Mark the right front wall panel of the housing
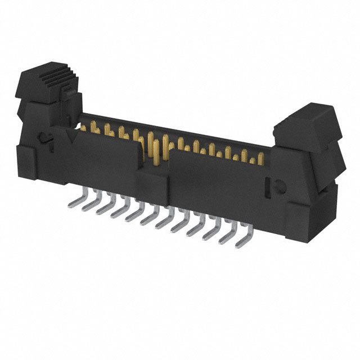219,180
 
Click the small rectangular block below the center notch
153,183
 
